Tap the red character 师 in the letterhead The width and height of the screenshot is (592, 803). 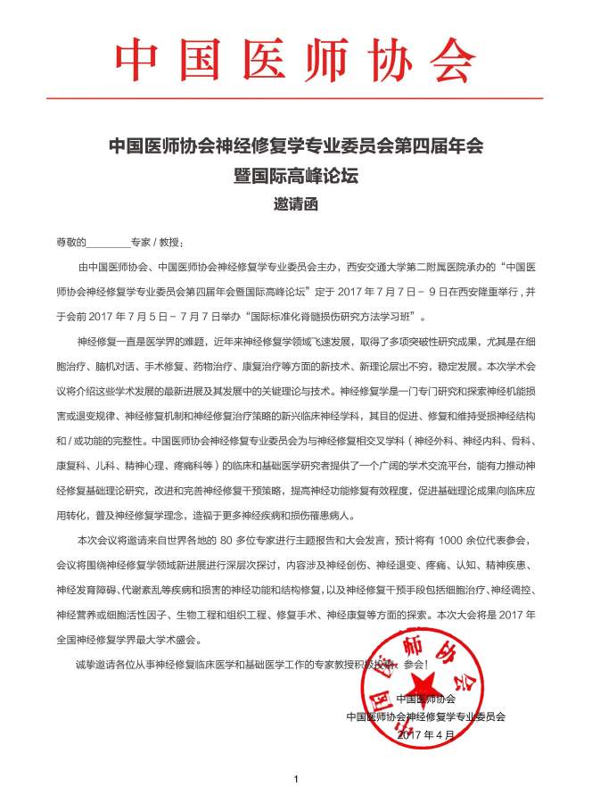(x=337, y=61)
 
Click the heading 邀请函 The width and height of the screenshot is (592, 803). (x=295, y=203)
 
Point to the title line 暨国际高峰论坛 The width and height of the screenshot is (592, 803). (x=295, y=176)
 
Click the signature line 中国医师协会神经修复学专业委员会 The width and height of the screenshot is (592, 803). (x=425, y=716)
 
